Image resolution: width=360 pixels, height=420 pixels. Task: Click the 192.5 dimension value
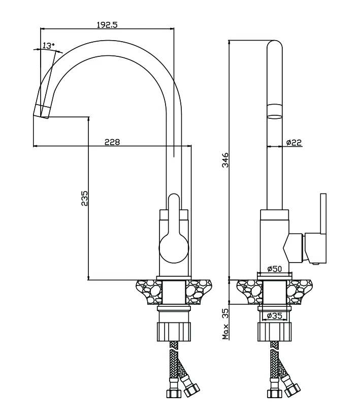[x=107, y=24]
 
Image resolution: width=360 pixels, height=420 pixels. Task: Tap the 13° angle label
[x=48, y=46]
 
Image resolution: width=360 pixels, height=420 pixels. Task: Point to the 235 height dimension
[x=85, y=198]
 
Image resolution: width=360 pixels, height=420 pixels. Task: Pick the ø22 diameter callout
[x=294, y=143]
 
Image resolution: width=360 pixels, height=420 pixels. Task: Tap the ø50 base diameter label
[x=275, y=269]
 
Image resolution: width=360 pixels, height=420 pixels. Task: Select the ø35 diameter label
[x=275, y=315]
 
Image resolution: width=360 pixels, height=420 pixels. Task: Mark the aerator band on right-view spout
[x=275, y=110]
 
